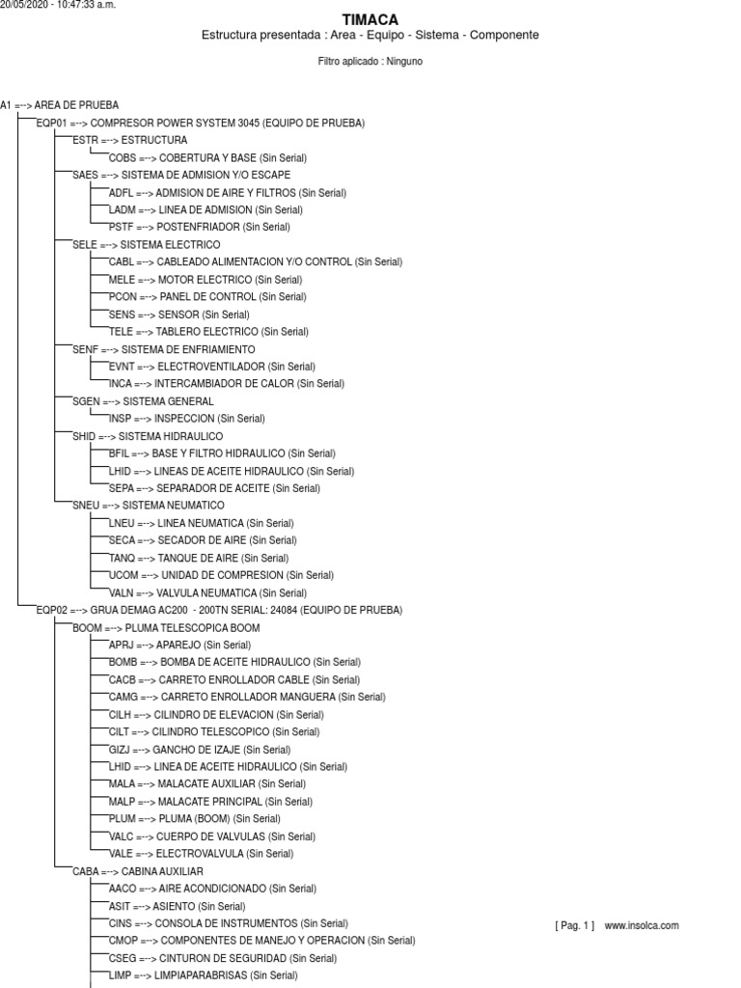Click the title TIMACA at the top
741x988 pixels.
click(x=370, y=19)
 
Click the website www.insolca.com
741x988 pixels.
click(x=642, y=925)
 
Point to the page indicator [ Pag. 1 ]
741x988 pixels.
click(x=575, y=925)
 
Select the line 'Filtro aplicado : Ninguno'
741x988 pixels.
click(x=370, y=61)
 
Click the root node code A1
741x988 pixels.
click(x=5, y=105)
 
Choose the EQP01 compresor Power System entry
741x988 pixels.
click(x=200, y=123)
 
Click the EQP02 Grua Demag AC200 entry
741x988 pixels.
click(x=218, y=611)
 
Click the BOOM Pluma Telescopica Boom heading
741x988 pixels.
click(x=152, y=628)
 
